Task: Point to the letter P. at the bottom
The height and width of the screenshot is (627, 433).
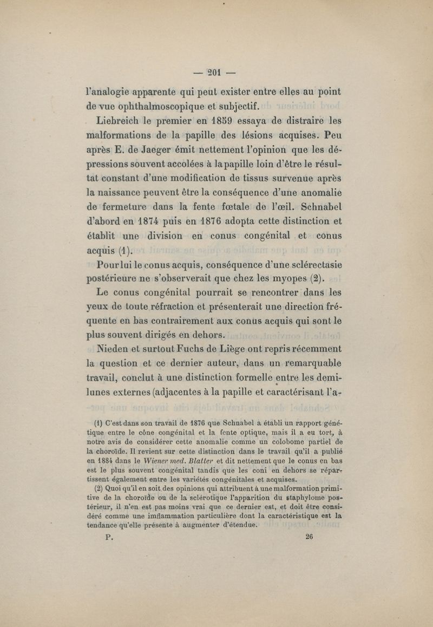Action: (x=109, y=537)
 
